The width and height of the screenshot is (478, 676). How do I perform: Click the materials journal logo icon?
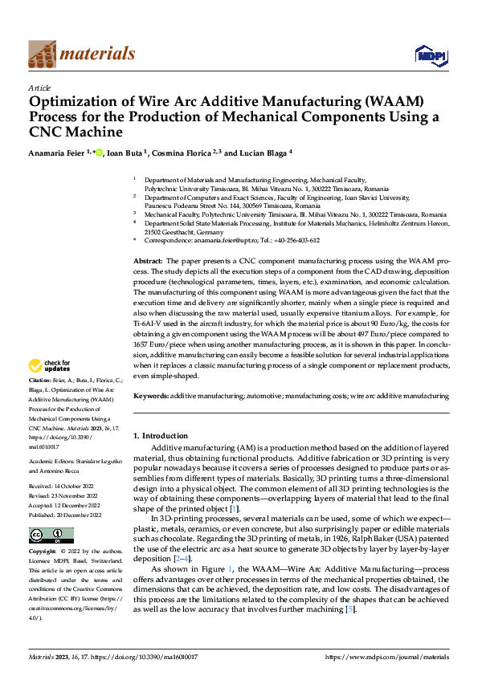pyautogui.click(x=42, y=54)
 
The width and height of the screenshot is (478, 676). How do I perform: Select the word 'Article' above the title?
pyautogui.click(x=39, y=88)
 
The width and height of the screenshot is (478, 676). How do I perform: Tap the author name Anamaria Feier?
pyautogui.click(x=59, y=153)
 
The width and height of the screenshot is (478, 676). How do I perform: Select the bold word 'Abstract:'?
pyautogui.click(x=148, y=262)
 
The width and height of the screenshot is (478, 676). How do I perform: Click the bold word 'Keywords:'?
pyautogui.click(x=150, y=396)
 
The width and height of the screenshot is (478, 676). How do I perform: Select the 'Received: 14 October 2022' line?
pyautogui.click(x=63, y=486)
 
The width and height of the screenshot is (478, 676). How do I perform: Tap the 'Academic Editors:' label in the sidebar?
pyautogui.click(x=52, y=462)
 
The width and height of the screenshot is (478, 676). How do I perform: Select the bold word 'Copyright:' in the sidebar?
pyautogui.click(x=44, y=552)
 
